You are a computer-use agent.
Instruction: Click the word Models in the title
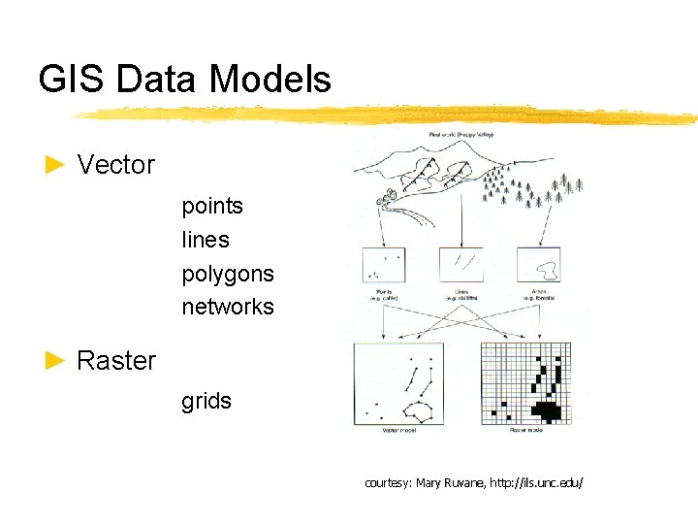click(x=275, y=80)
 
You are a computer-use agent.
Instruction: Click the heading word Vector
click(x=116, y=165)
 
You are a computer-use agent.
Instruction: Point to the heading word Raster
click(x=116, y=361)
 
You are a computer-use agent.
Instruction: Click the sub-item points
click(x=212, y=206)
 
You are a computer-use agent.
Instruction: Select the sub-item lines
click(x=206, y=240)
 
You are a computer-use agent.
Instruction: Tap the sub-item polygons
click(x=228, y=274)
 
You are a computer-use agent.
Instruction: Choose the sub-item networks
click(x=228, y=307)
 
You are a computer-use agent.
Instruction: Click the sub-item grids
click(x=206, y=401)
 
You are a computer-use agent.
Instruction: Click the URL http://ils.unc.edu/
click(x=538, y=482)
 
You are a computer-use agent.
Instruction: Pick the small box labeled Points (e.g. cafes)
click(x=382, y=265)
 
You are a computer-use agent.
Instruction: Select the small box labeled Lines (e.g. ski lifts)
click(x=460, y=264)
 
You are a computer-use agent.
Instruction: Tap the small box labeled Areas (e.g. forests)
click(x=538, y=264)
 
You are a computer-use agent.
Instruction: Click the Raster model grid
click(x=525, y=384)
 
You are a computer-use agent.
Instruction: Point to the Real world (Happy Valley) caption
click(x=460, y=135)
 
